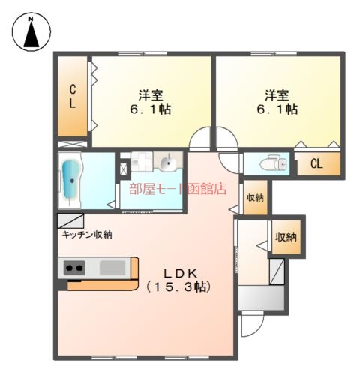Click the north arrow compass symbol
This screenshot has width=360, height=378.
(x=31, y=32)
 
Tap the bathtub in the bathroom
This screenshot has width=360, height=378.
(x=71, y=181)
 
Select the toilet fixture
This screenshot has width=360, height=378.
(x=274, y=164)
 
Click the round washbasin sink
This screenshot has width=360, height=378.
(x=168, y=163)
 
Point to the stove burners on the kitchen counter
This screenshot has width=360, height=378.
(x=74, y=268)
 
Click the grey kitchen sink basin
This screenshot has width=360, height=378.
(x=112, y=268)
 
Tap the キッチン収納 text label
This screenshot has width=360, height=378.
(x=87, y=235)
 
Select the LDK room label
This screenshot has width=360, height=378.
(x=181, y=274)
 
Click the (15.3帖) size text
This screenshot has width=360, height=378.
(x=179, y=287)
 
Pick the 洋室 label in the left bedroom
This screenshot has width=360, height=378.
(x=151, y=95)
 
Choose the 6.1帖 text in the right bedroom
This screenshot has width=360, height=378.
(x=277, y=109)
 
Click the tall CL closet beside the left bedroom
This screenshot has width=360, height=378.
(x=73, y=97)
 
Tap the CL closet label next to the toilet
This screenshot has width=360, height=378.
(x=316, y=163)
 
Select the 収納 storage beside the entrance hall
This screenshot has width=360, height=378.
(x=286, y=237)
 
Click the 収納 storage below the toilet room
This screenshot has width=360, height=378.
(x=255, y=197)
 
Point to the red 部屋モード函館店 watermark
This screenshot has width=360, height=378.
(x=178, y=189)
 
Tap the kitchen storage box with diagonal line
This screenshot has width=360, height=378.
(x=70, y=221)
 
